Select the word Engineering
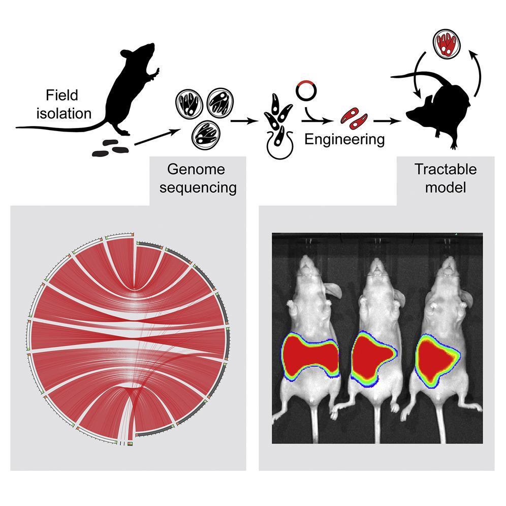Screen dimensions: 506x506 pyautogui.click(x=344, y=138)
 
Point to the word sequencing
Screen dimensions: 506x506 pyautogui.click(x=201, y=187)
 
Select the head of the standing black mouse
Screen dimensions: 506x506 pyautogui.click(x=145, y=52)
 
